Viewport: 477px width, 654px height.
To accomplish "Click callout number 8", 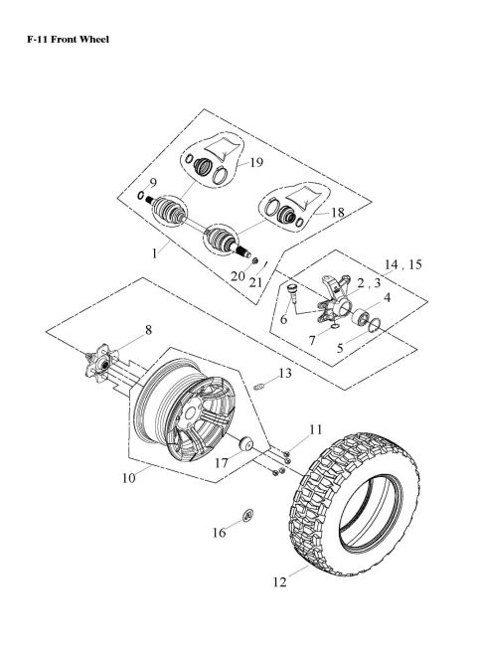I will tap(149, 331).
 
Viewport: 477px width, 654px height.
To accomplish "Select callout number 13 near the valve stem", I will tap(284, 374).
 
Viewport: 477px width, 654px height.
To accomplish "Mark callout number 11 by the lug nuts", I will tap(315, 429).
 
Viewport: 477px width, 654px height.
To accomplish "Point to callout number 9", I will tap(154, 182).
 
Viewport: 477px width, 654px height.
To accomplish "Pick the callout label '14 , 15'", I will tap(400, 264).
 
